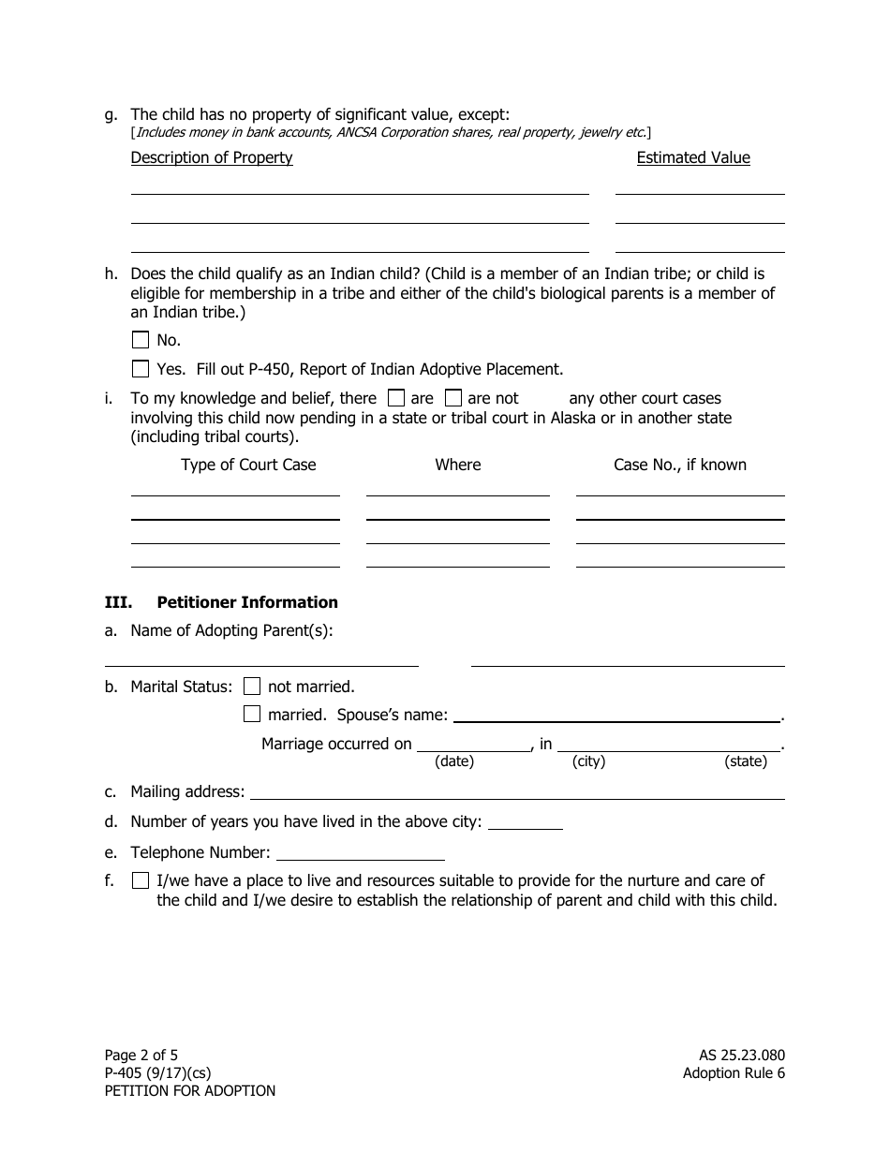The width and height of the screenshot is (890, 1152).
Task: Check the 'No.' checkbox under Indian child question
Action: pos(141,340)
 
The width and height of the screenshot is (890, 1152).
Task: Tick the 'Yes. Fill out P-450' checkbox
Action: pos(141,369)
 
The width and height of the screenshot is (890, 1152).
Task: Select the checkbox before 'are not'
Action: pos(453,398)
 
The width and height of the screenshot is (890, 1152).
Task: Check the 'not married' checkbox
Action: pos(252,687)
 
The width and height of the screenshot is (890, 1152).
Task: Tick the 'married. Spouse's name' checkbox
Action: pos(252,715)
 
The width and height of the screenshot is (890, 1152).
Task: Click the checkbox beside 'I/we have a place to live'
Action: pos(141,880)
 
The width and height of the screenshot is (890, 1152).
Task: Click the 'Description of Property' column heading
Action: pos(212,157)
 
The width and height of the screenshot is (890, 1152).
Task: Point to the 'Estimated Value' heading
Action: pos(693,157)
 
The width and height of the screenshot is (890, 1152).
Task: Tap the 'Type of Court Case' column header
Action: pos(248,465)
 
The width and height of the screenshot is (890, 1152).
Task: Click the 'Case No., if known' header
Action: pos(680,465)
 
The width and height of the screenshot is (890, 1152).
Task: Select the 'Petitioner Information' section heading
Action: pos(247,602)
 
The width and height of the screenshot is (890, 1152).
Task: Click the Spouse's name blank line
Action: pos(616,716)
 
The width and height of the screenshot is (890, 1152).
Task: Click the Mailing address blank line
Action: pos(516,792)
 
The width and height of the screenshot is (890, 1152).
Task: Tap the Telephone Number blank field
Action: pos(361,853)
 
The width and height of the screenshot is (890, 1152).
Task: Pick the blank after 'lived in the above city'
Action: pos(526,823)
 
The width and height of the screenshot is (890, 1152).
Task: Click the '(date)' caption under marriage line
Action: pos(454,761)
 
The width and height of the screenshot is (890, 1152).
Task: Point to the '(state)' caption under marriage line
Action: pos(746,761)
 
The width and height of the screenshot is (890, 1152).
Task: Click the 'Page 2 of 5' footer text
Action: pos(141,1056)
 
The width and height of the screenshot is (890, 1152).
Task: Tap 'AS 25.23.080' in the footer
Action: pos(735,1056)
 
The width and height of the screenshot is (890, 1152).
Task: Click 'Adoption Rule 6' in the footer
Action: pos(734,1073)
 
